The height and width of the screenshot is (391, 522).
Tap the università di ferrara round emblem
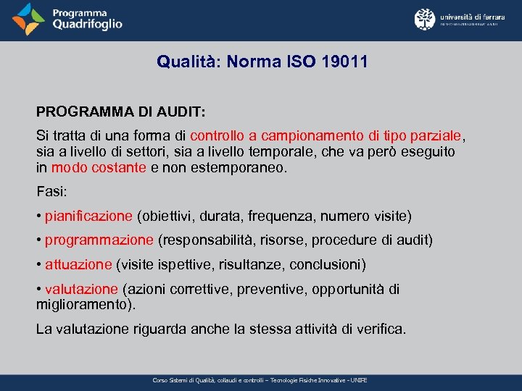point(424,20)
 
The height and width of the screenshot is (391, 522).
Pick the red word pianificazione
point(88,216)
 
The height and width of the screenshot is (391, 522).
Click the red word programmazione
point(99,240)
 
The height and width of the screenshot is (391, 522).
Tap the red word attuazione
point(78,264)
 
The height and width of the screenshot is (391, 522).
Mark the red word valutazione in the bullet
point(80,289)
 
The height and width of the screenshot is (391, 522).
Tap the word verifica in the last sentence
point(381,329)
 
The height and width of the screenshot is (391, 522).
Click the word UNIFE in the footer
point(358,380)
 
